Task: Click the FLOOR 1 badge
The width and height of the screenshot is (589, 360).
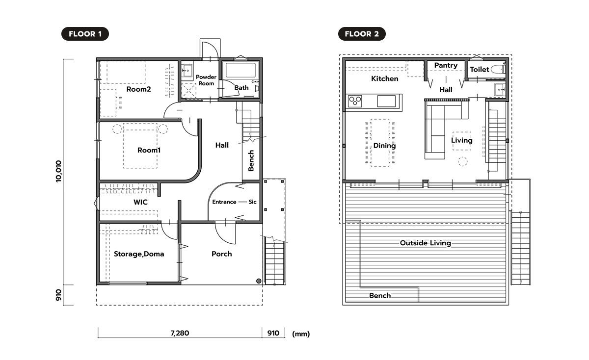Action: point(85,34)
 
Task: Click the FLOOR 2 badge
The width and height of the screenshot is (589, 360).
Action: point(362,34)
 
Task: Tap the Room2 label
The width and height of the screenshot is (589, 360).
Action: point(138,89)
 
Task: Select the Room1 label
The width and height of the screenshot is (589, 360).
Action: point(149,150)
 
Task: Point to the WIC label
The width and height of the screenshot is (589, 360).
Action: point(140,202)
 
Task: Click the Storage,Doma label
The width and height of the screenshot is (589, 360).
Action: point(139,254)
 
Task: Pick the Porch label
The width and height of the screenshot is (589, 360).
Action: point(222,254)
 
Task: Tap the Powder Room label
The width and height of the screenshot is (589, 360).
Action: point(206,80)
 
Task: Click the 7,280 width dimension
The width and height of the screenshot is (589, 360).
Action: point(180,333)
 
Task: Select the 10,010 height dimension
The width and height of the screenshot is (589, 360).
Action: point(58,171)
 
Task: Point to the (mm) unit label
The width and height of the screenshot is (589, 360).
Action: point(301,334)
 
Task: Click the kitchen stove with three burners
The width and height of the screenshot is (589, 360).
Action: point(355,101)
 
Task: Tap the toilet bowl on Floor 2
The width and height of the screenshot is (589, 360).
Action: point(498,69)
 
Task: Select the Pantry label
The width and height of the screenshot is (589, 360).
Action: point(446,65)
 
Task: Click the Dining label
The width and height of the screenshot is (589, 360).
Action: point(384,146)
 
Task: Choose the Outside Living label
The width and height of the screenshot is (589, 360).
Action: point(426,243)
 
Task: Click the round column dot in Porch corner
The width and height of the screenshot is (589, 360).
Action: point(259,281)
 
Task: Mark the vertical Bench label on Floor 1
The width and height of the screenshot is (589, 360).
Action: point(251,160)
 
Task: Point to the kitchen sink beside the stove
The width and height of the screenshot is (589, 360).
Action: point(386,101)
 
